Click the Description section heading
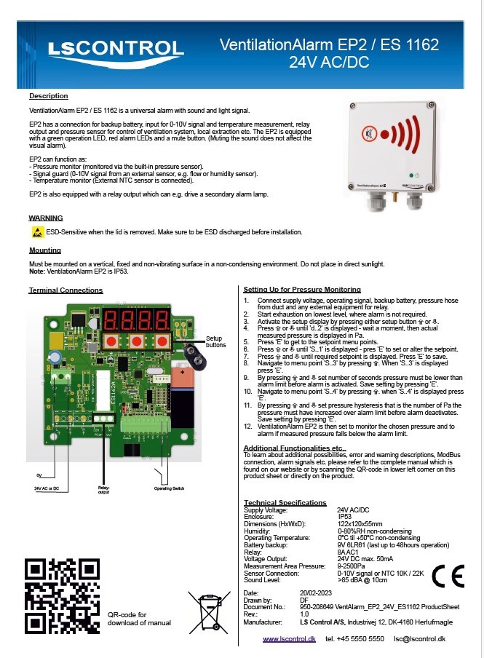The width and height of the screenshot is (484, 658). pyautogui.click(x=48, y=96)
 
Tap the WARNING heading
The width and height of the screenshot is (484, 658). pyautogui.click(x=45, y=218)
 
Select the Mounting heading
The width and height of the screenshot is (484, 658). pyautogui.click(x=44, y=250)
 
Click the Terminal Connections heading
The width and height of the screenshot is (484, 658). pyautogui.click(x=66, y=290)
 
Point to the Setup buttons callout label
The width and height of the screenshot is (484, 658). pyautogui.click(x=215, y=341)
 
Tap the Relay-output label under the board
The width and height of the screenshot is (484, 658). pyautogui.click(x=103, y=489)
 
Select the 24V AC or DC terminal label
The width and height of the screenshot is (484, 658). pyautogui.click(x=47, y=488)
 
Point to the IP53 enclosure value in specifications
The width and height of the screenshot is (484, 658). pyautogui.click(x=349, y=517)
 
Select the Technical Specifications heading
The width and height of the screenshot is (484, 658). pyautogui.click(x=285, y=503)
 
